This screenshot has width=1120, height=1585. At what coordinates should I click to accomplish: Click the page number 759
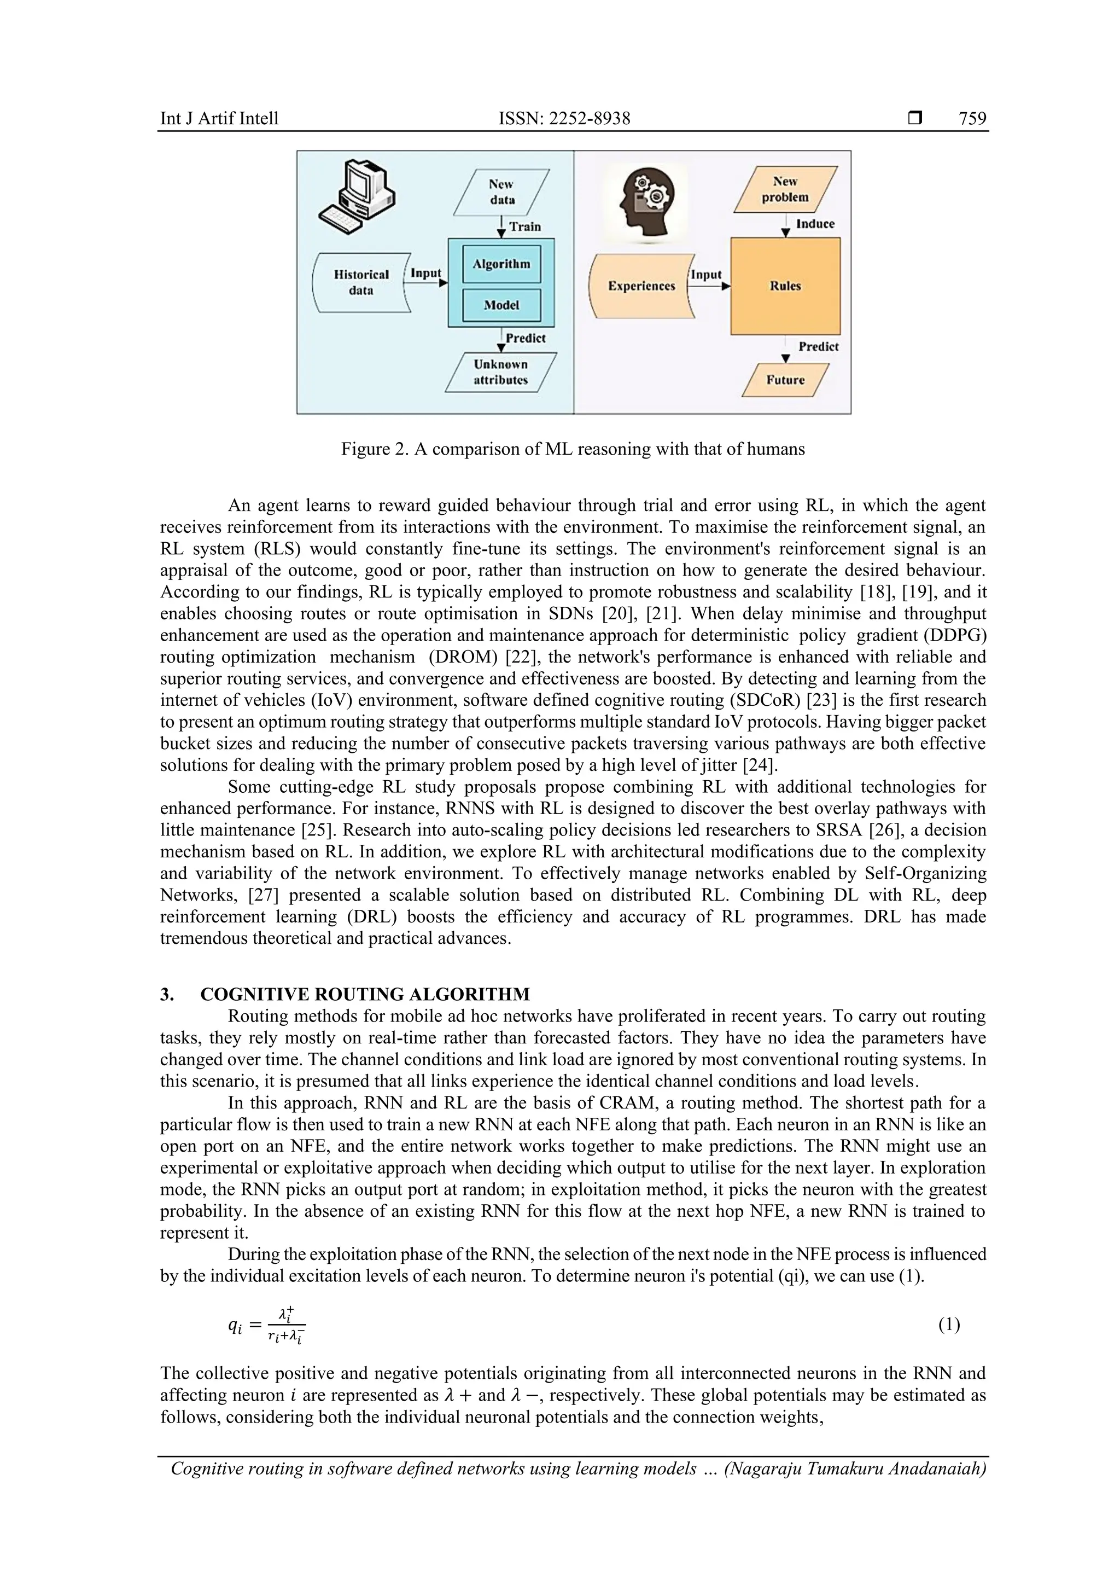coord(972,119)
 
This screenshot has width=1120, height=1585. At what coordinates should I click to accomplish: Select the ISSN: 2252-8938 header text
coord(564,119)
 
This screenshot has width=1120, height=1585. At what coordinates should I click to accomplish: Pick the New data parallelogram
coord(501,192)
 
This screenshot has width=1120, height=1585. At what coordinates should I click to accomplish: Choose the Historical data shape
coord(361,282)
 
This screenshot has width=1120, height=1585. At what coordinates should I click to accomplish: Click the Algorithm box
coord(501,264)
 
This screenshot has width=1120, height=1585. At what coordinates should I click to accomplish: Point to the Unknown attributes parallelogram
coord(500,372)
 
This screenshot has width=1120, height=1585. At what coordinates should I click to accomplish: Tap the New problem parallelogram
coord(785,189)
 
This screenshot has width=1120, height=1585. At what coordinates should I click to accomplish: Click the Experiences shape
coord(641,286)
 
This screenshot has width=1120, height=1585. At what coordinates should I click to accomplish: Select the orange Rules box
coord(785,286)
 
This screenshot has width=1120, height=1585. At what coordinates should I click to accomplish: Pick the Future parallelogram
coord(785,380)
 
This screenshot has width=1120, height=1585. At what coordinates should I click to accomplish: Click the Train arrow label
coord(525,227)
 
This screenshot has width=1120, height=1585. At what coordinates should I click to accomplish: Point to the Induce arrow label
coord(815,224)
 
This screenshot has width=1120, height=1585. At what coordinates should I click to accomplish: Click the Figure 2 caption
coord(573,449)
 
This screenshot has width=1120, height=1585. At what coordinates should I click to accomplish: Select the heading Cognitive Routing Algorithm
coord(364,994)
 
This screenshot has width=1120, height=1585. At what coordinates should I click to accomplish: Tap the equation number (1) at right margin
coord(949,1324)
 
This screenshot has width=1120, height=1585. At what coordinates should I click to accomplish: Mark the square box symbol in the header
coord(915,119)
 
